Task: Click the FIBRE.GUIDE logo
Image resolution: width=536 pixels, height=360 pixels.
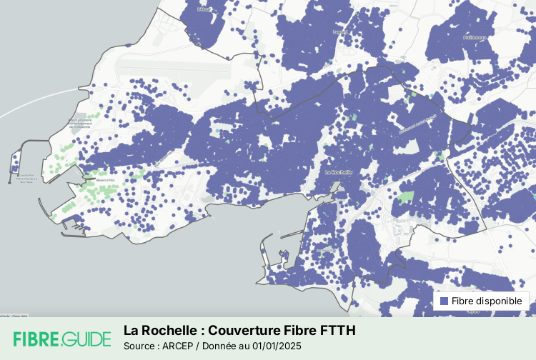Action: point(62,339)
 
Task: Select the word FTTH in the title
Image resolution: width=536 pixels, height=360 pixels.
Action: point(337,331)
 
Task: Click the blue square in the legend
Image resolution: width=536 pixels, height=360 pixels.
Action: point(444,301)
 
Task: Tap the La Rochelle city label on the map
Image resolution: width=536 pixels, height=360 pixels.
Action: point(339,172)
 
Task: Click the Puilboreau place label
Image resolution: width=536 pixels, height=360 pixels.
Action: point(475,37)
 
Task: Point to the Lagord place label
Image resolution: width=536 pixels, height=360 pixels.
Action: point(340,32)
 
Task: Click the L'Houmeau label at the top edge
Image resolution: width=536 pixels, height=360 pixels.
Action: point(206,10)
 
